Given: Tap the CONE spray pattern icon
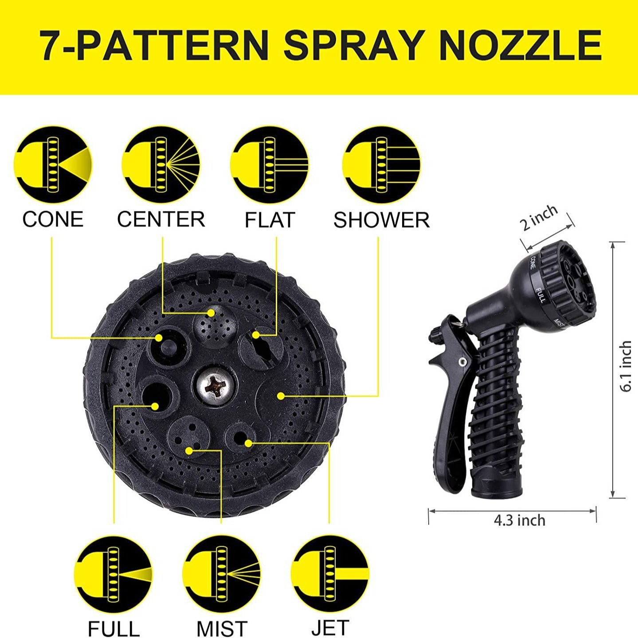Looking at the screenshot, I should pos(53,165).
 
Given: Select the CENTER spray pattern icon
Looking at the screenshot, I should pos(161,165).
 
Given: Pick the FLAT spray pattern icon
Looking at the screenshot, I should pos(270,165).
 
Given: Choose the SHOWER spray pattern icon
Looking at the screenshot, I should pos(381,165).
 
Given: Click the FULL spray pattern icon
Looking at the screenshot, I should pos(114,574).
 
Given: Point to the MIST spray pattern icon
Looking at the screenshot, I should pos(222,574).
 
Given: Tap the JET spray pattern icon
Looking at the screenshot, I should pos(330,574).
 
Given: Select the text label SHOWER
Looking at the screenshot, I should pos(381,220).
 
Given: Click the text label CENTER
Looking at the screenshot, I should pos(161,219).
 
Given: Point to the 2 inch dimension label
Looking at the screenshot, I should pos(539,218).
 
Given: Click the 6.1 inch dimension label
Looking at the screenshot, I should pos(626,366).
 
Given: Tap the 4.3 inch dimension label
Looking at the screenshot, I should pos(520,520).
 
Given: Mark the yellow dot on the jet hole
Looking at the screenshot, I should pos(248,442).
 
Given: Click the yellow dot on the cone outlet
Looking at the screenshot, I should pos(159,338).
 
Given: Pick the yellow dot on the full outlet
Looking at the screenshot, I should pos(155,406).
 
